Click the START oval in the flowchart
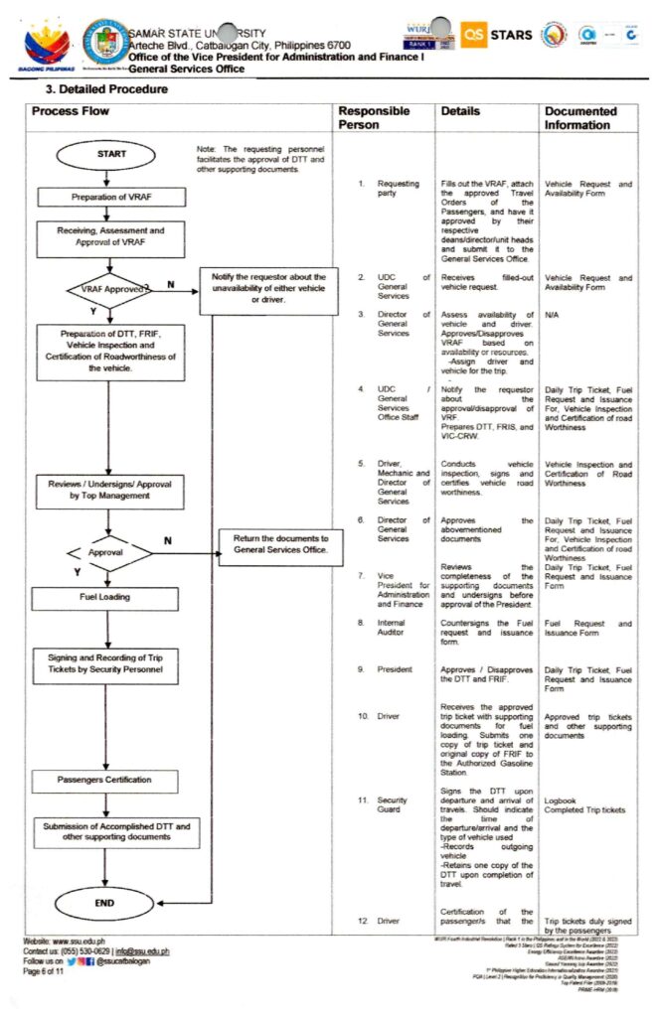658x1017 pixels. point(111,154)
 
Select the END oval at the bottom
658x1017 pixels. point(105,904)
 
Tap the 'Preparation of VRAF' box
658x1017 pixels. point(111,197)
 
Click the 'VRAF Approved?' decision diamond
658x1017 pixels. point(109,289)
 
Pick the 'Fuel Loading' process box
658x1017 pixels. point(104,598)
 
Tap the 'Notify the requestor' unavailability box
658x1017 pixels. point(269,287)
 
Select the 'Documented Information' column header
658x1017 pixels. point(580,118)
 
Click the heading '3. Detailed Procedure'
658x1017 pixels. point(100,89)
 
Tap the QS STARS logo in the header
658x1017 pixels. point(496,36)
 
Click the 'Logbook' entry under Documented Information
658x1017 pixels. point(562,798)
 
